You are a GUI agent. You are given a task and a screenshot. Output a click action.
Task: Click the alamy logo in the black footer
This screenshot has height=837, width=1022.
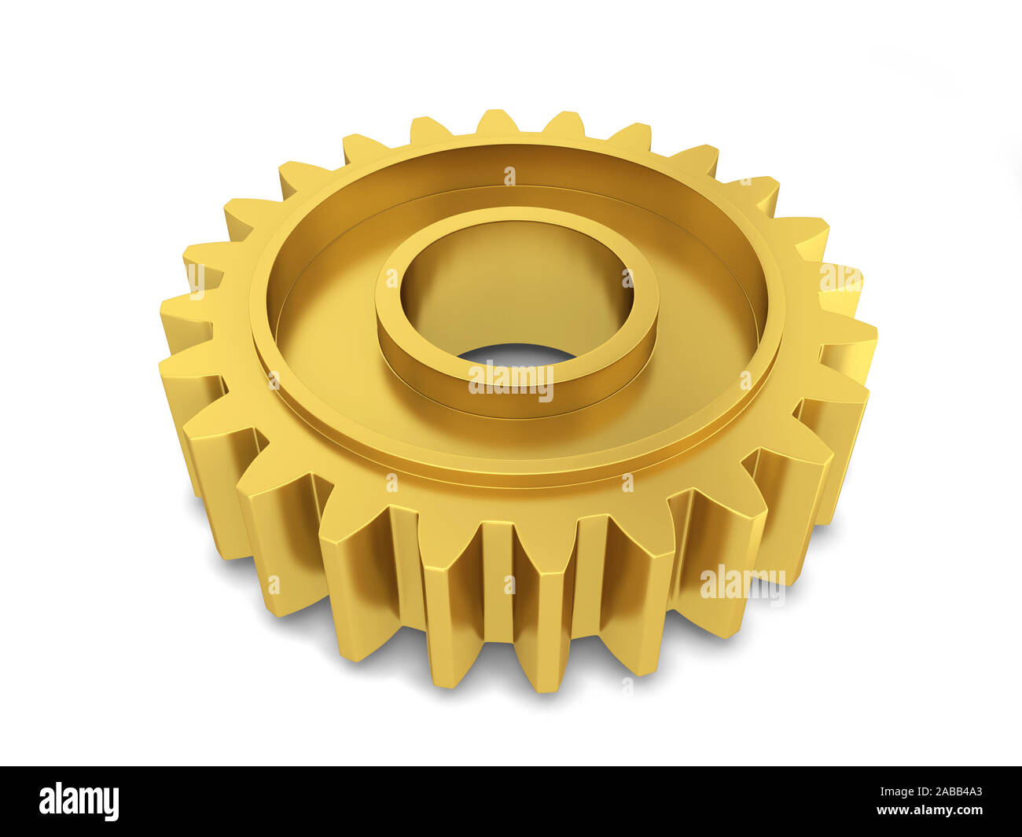click(x=79, y=802)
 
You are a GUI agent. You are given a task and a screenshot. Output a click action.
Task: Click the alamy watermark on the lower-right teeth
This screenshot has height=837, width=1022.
click(x=742, y=583)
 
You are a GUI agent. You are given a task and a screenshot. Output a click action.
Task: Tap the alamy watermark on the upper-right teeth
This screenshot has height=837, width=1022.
click(x=840, y=278)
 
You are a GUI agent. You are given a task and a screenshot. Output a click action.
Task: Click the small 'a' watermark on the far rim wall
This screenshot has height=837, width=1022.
click(x=509, y=175)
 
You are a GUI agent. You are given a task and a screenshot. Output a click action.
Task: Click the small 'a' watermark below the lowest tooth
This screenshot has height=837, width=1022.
click(x=627, y=685)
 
